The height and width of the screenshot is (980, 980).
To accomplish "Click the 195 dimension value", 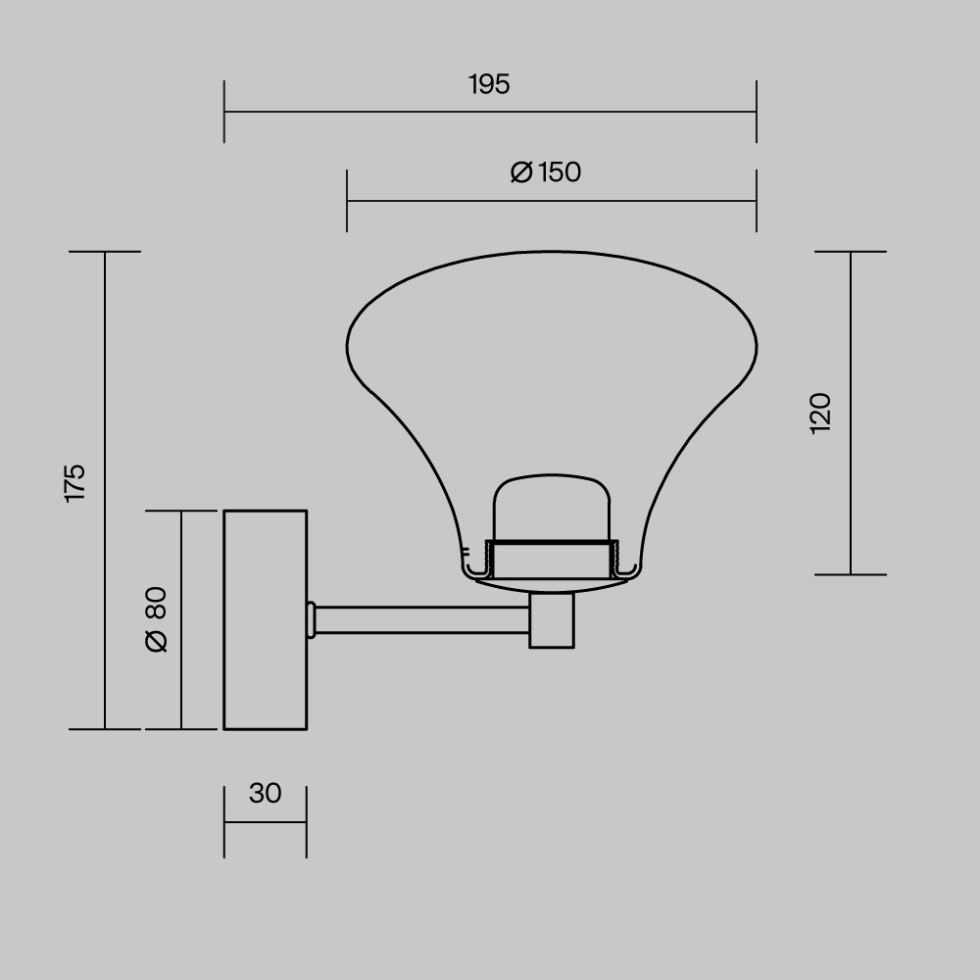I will point(489,85).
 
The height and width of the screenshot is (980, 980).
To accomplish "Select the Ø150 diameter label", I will point(546,172).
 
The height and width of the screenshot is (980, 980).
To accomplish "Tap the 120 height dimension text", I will point(821,413).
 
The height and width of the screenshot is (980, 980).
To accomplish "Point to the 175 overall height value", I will point(75,483).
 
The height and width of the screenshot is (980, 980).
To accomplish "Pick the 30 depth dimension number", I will point(265,793).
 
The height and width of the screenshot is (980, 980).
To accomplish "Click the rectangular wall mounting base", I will point(265,619).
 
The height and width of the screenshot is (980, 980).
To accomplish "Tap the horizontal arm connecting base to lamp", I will point(421,619).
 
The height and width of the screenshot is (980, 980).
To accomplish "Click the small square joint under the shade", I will point(552,620).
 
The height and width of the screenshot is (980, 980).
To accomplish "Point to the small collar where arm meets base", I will point(311,619).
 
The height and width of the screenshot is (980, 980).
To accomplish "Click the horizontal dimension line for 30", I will point(265,822).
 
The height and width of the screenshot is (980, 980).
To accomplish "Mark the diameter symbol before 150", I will point(521,172).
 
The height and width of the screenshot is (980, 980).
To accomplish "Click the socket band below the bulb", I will point(554,560).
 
